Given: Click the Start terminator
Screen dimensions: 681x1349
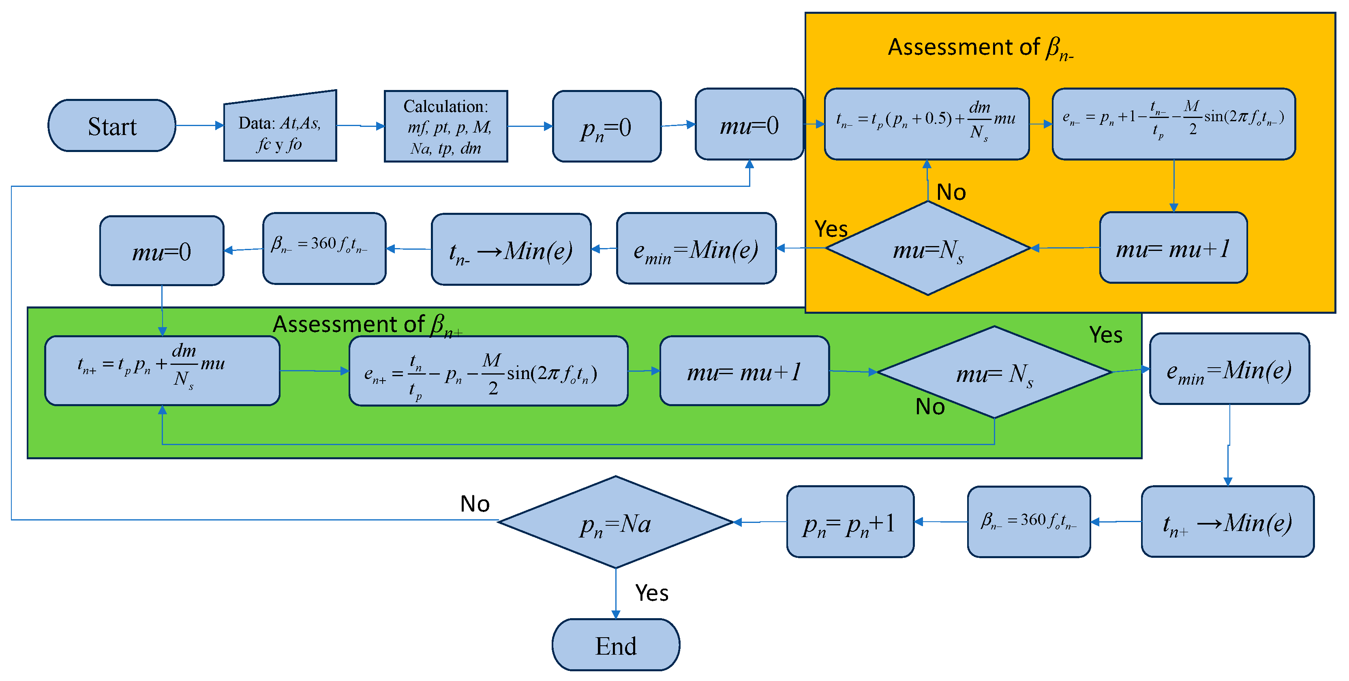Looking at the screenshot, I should point(111,126).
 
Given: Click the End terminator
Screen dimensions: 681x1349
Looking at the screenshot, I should point(616,645).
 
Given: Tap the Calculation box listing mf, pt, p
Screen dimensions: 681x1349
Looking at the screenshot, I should point(445,126).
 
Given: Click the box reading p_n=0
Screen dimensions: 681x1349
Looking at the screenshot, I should point(606,126).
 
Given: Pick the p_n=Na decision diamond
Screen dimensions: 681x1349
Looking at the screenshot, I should point(615,522).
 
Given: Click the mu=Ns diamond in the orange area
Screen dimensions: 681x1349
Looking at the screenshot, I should point(927,248).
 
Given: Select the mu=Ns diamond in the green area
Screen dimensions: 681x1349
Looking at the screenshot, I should point(994,373).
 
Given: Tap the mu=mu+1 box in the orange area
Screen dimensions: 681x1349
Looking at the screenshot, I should point(1173,248).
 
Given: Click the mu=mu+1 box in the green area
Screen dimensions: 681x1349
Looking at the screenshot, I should point(744,371).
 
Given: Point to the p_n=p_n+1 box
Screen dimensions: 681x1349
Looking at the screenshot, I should point(850,522).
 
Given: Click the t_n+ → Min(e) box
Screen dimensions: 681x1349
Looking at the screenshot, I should point(1227,522).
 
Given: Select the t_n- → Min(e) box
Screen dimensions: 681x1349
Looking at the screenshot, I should point(511,249).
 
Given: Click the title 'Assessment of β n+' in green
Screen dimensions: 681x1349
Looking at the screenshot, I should point(366,324).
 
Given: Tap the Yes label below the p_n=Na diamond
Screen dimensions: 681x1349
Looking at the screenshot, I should point(651,593).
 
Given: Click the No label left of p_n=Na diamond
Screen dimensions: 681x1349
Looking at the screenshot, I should point(474,503).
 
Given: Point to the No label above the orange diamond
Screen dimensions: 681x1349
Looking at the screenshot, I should point(951,192).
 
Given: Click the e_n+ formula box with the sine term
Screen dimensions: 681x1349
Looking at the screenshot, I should point(488,371).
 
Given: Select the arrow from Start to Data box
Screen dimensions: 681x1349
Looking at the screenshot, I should point(199,125).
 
